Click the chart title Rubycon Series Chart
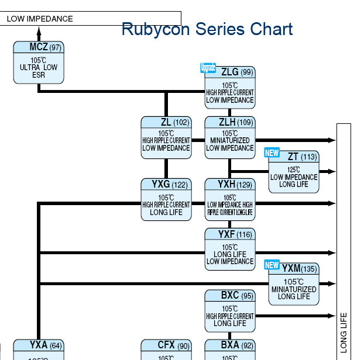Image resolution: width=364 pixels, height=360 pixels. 207,29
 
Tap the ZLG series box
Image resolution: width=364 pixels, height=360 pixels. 229,88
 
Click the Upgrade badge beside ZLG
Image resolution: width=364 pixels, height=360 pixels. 208,68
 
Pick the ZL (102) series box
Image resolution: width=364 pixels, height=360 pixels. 166,137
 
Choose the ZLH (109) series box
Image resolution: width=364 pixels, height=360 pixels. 229,137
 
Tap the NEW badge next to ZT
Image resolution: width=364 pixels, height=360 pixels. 272,153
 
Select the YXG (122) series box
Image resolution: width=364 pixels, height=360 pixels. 166,199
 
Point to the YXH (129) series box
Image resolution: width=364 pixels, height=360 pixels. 229,199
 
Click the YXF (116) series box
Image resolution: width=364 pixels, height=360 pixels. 229,249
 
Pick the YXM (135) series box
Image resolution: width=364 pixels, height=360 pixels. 294,284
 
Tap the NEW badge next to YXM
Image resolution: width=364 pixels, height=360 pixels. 272,265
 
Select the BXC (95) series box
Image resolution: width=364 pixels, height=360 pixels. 229,311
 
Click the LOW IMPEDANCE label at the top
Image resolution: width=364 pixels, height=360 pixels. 40,19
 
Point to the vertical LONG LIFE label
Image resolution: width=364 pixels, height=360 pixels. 344,333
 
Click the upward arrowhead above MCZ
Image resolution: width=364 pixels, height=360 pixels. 39,34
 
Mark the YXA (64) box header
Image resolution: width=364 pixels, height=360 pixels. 39,345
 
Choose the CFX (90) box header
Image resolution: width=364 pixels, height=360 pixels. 166,345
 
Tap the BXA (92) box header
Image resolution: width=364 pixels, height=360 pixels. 229,345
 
